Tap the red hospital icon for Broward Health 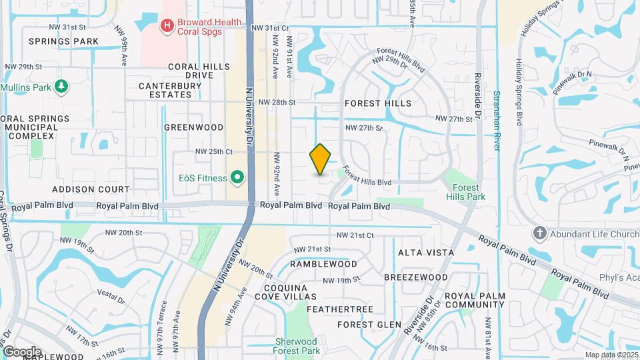pos(167,27)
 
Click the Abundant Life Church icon pos(539,233)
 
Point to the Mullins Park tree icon pos(61,87)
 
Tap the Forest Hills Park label pos(466,192)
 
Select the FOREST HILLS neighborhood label pos(377,103)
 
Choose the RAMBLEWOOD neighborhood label pos(324,264)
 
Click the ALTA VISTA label pos(426,253)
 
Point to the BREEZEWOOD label pos(415,277)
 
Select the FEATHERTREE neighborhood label pos(339,310)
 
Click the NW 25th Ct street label pos(213,151)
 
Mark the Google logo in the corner pos(22,351)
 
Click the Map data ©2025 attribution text pos(611,355)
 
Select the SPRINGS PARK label pos(63,41)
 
